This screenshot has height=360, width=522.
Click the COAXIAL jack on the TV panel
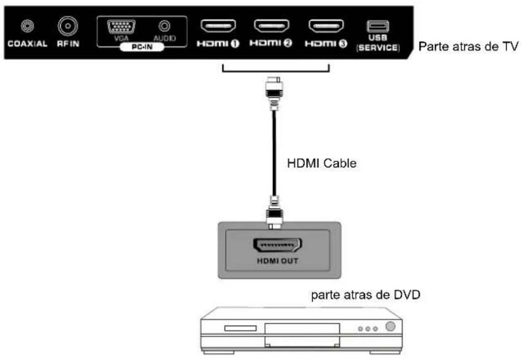pos(26,26)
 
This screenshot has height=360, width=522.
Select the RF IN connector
pos(66,26)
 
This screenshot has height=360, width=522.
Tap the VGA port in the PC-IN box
pos(121,27)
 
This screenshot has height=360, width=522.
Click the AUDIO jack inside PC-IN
pos(164,27)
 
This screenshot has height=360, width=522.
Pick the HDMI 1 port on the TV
pos(218,26)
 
